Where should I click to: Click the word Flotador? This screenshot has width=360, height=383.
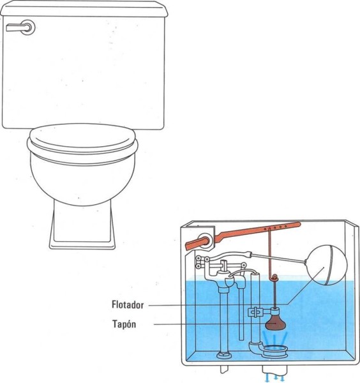[128, 305]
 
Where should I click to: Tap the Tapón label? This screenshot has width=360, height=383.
[124, 324]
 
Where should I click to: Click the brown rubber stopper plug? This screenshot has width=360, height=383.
[276, 322]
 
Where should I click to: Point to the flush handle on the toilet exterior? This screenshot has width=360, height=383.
[21, 27]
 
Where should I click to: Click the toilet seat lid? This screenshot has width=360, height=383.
[82, 139]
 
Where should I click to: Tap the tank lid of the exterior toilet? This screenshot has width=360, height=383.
[84, 8]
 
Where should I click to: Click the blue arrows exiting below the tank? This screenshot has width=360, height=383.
[275, 378]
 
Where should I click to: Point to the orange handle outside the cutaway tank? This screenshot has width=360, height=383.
[197, 244]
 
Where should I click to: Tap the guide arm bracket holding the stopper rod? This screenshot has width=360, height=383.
[259, 312]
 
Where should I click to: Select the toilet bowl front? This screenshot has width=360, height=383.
[82, 181]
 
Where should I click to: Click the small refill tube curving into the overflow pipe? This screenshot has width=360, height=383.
[242, 272]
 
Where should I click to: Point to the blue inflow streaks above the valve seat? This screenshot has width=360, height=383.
[275, 338]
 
